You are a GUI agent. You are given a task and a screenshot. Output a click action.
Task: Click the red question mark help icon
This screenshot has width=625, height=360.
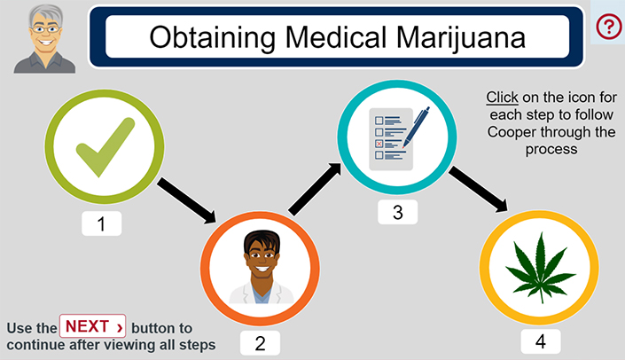pyautogui.click(x=609, y=27)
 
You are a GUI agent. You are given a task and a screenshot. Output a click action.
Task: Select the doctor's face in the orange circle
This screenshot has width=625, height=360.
pyautogui.click(x=262, y=254)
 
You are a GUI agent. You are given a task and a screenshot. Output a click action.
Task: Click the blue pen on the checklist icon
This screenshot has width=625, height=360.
pyautogui.click(x=416, y=127)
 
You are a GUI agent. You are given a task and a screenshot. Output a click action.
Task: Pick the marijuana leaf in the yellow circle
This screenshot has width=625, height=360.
pyautogui.click(x=541, y=267)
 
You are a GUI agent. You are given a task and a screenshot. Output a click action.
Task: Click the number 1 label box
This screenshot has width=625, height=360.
pyautogui.click(x=102, y=223)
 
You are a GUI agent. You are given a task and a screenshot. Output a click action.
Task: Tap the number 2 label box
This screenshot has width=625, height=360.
pyautogui.click(x=260, y=343)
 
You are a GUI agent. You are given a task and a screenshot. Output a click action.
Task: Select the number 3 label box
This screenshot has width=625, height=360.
pyautogui.click(x=398, y=212)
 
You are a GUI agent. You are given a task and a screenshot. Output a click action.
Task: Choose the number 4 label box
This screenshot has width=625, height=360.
pyautogui.click(x=541, y=341)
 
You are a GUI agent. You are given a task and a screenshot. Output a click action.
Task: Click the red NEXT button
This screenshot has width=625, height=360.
pyautogui.click(x=92, y=326)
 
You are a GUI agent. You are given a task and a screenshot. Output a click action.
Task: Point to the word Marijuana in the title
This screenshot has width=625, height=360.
pyautogui.click(x=461, y=38)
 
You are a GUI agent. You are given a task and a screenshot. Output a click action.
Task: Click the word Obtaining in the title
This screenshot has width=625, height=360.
pyautogui.click(x=212, y=38)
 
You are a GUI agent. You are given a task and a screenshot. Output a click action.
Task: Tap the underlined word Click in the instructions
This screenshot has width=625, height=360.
pyautogui.click(x=502, y=98)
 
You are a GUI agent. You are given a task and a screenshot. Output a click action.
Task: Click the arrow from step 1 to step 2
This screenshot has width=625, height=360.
pyautogui.click(x=186, y=200)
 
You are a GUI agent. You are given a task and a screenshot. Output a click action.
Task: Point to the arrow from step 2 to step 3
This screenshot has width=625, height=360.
pyautogui.click(x=315, y=189)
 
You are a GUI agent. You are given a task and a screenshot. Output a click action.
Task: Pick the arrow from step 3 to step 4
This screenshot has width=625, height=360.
pyautogui.click(x=478, y=190)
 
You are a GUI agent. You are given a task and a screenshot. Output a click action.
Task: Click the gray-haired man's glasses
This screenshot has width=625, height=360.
pyautogui.click(x=45, y=29)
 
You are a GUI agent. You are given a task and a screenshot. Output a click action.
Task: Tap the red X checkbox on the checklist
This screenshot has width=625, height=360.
pyautogui.click(x=379, y=144)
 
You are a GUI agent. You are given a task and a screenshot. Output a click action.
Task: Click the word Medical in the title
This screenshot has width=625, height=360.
pyautogui.click(x=336, y=37)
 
